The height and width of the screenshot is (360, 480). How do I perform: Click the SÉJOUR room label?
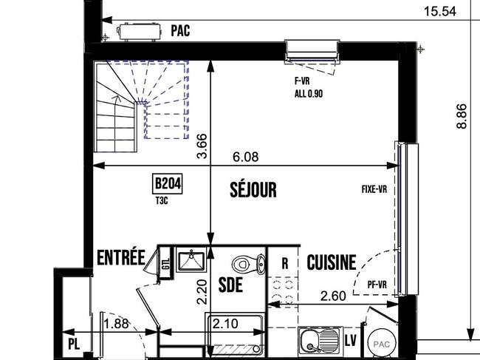pyautogui.click(x=253, y=189)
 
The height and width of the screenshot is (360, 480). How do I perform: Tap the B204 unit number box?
pyautogui.click(x=167, y=184)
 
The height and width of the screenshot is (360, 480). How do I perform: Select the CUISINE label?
pyautogui.click(x=332, y=262)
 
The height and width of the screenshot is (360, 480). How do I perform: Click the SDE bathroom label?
pyautogui.click(x=231, y=285)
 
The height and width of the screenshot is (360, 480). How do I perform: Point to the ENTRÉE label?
pyautogui.click(x=121, y=257)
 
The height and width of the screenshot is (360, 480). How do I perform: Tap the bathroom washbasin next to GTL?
pyautogui.click(x=192, y=261)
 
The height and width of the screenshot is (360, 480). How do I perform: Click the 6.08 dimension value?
pyautogui.click(x=245, y=157)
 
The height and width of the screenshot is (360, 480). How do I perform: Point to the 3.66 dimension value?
pyautogui.click(x=202, y=146)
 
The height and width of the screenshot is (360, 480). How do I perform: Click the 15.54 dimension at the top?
pyautogui.click(x=440, y=11)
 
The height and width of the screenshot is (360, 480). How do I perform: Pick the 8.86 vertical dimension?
pyautogui.click(x=462, y=116)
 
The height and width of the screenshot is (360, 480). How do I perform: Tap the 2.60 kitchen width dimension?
pyautogui.click(x=333, y=296)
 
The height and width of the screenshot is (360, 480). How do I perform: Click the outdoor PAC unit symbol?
pyautogui.click(x=140, y=32)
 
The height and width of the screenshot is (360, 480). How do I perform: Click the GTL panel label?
pyautogui.click(x=166, y=264)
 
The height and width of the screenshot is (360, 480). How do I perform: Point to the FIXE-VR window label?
pyautogui.click(x=374, y=189)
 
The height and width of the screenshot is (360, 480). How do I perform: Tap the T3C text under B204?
pyautogui.click(x=162, y=200)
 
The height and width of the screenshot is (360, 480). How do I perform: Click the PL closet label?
pyautogui.click(x=74, y=344)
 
